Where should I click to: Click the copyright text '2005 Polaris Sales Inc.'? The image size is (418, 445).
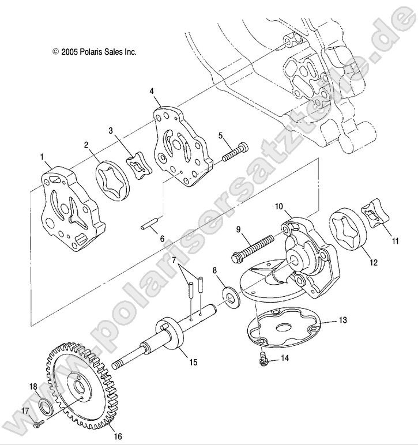point(93,51)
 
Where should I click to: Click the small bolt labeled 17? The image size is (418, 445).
point(39,424)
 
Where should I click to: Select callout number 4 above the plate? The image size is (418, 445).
point(151,91)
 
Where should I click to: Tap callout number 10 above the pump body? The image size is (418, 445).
point(278,206)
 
